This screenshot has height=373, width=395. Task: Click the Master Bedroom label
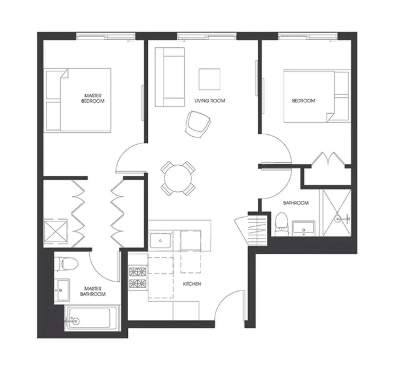(x=93, y=98)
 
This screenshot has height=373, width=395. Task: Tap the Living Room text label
(x=210, y=101)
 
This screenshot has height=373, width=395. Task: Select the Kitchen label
(x=192, y=284)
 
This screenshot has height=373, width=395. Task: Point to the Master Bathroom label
(x=93, y=291)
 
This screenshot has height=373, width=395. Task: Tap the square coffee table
(x=209, y=79)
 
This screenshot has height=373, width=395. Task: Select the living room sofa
(x=170, y=77)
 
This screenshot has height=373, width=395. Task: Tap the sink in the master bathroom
(x=62, y=291)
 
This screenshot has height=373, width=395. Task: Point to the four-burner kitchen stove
(x=138, y=277)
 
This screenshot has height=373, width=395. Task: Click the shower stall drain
(x=337, y=219)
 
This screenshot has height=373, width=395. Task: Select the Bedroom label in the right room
(x=303, y=101)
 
